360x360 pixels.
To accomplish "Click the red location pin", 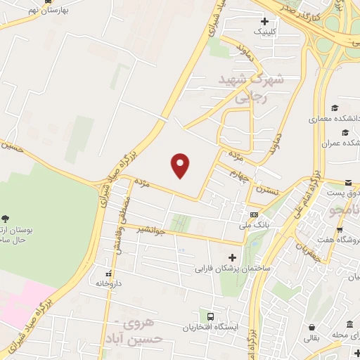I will click(181, 165).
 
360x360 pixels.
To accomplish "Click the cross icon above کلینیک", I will click(264, 22).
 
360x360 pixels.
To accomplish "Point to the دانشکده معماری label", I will click(335, 119).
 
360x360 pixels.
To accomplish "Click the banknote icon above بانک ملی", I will click(254, 214).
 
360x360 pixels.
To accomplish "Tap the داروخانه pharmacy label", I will click(108, 283).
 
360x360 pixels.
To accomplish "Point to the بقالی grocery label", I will click(311, 337).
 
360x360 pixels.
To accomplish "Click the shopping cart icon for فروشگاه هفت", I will click(340, 229).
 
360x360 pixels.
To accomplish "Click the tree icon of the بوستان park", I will click(6, 219).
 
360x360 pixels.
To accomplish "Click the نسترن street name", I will click(266, 190).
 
